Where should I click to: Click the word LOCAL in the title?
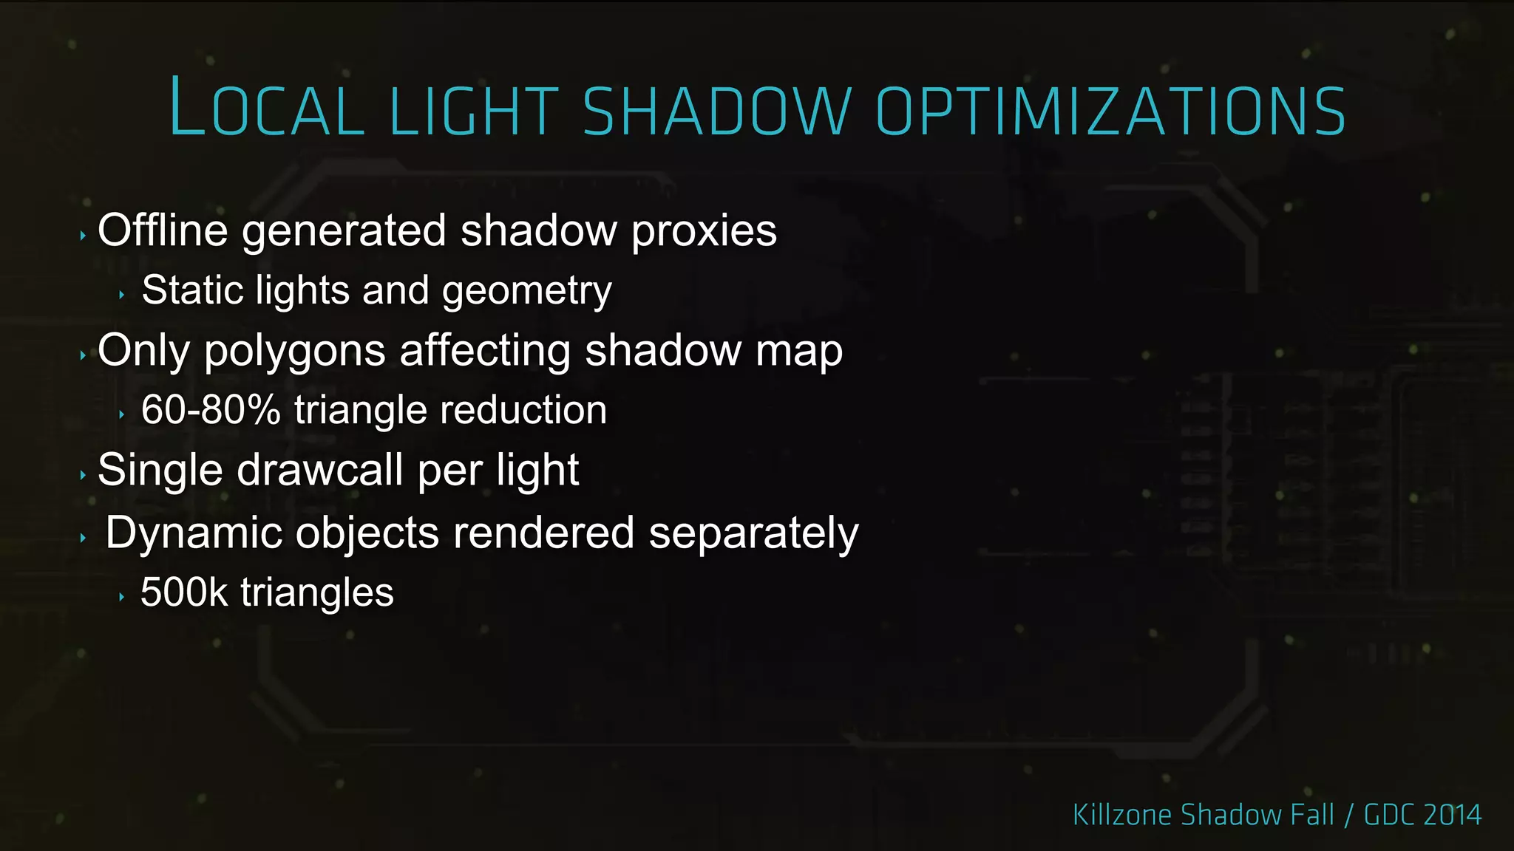click(267, 109)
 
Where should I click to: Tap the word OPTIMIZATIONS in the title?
click(1110, 111)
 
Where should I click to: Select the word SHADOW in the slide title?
click(717, 111)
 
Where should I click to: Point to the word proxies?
click(704, 232)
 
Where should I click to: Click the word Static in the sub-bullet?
click(192, 290)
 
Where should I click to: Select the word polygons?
click(294, 352)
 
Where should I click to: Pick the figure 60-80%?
click(211, 410)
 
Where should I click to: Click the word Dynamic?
click(194, 533)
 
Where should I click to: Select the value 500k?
click(184, 592)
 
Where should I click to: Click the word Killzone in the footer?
click(1122, 815)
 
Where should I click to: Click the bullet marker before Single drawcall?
click(83, 475)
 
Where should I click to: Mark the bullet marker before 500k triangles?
click(121, 597)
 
